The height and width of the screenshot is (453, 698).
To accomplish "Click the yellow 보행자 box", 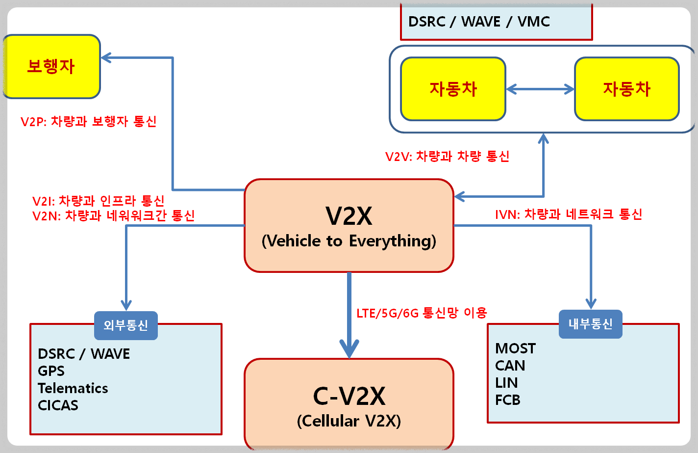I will click(x=51, y=66).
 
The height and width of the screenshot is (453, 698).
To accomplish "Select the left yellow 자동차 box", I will click(x=453, y=89).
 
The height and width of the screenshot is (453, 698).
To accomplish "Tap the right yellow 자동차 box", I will click(x=626, y=89).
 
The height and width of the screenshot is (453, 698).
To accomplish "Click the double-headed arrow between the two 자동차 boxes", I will click(x=540, y=89).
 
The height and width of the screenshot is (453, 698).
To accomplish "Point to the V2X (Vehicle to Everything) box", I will click(x=349, y=226).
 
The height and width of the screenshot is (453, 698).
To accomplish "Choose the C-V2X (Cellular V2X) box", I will click(x=349, y=405).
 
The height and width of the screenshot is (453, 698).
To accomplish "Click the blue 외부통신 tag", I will click(x=126, y=325).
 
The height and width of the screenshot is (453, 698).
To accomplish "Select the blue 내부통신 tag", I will click(x=590, y=324).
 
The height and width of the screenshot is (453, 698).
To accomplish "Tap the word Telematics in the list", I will click(x=73, y=388).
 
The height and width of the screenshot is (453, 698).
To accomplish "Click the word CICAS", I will click(x=58, y=405).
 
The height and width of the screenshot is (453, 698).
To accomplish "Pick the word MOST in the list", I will click(x=515, y=348).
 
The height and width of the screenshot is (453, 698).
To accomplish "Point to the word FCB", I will click(x=507, y=400).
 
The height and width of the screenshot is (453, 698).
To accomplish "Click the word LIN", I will click(x=506, y=383).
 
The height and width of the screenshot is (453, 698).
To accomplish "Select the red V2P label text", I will click(x=89, y=121).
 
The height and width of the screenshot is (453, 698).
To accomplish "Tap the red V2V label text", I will click(x=447, y=157).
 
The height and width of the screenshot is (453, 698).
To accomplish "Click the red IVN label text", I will click(x=569, y=214).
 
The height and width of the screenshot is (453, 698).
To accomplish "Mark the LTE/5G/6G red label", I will click(x=422, y=313).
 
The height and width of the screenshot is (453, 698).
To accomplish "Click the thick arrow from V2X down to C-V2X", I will click(x=349, y=314).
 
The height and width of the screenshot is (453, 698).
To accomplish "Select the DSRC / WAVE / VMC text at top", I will click(x=479, y=22).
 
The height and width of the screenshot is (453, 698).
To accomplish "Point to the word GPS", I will click(x=51, y=371).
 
